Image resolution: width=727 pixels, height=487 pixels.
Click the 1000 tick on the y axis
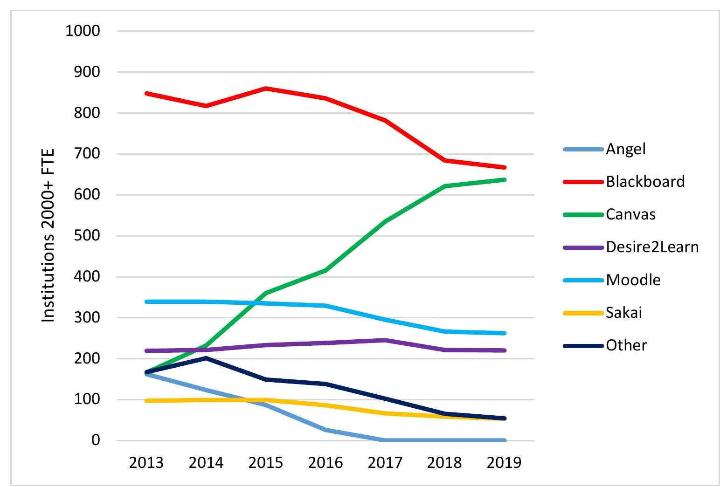click(x=83, y=31)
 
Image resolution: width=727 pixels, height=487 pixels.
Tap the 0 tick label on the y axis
click(x=96, y=440)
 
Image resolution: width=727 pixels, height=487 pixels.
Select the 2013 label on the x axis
click(x=147, y=463)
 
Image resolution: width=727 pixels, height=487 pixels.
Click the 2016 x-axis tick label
click(x=325, y=463)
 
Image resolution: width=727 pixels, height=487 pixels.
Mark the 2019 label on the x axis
click(x=504, y=463)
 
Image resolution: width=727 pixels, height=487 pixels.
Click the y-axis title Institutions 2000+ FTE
click(x=48, y=235)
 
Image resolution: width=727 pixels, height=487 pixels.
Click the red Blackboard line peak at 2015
click(x=266, y=88)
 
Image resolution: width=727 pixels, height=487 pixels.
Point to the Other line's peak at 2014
click(x=206, y=358)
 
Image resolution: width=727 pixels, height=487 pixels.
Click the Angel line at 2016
click(x=325, y=430)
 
